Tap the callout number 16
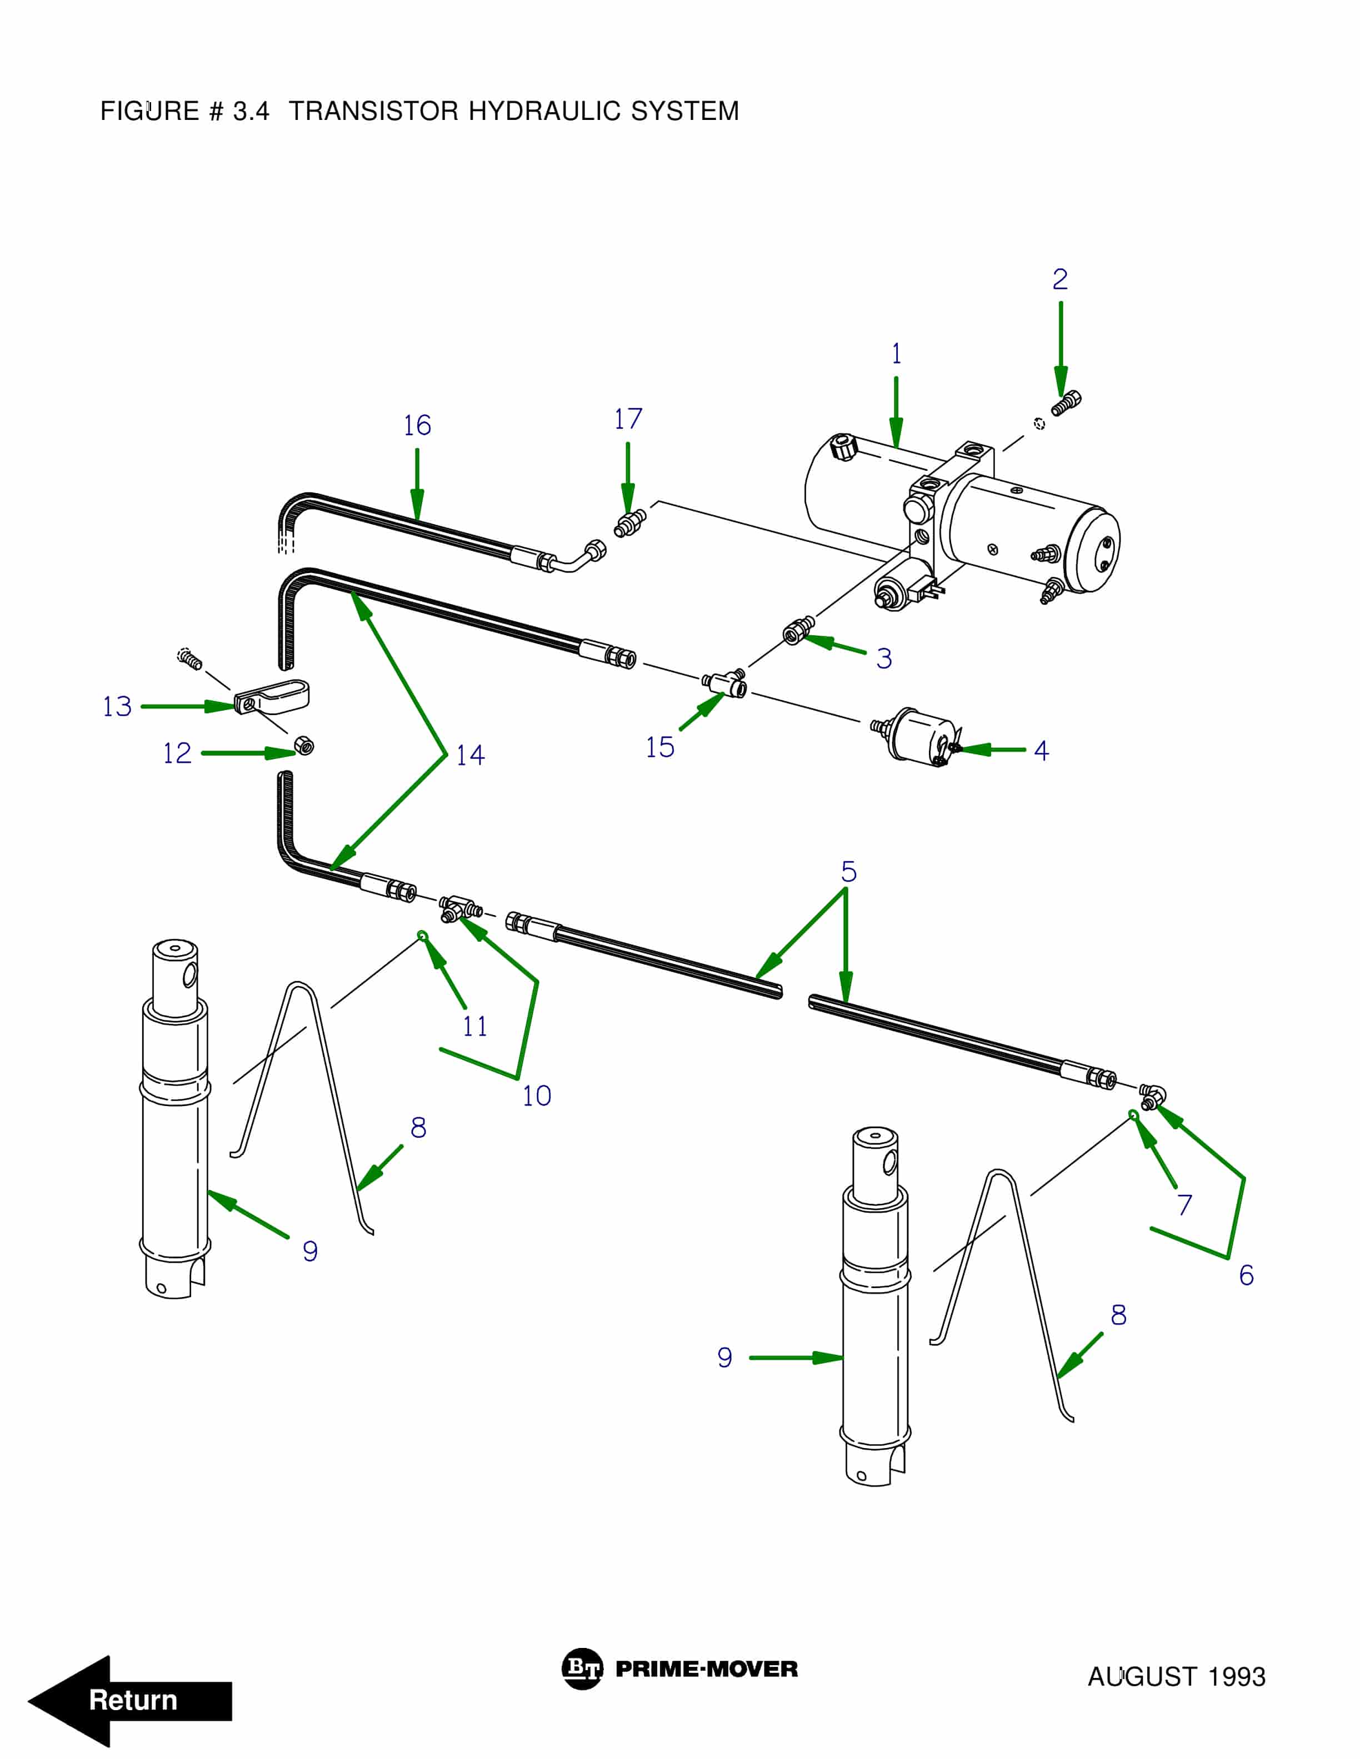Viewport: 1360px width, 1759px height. pyautogui.click(x=417, y=425)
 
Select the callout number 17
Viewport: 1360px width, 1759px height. pyautogui.click(x=628, y=419)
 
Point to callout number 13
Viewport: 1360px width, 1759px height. pyautogui.click(x=117, y=706)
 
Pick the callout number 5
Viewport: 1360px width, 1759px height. pyautogui.click(x=848, y=871)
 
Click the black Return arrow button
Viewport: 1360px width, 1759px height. pyautogui.click(x=129, y=1700)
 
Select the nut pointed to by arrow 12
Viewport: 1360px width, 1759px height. pyautogui.click(x=304, y=746)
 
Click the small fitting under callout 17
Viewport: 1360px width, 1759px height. pyautogui.click(x=629, y=524)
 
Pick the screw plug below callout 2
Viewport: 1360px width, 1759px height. pyautogui.click(x=1066, y=402)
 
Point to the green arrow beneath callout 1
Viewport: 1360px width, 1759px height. pyautogui.click(x=896, y=411)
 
